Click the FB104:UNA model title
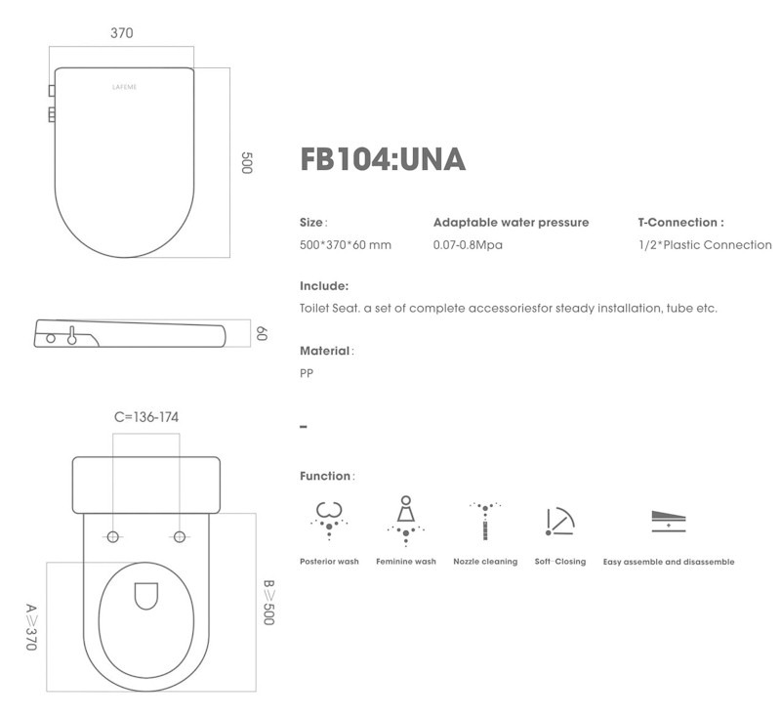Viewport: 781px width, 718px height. point(383,159)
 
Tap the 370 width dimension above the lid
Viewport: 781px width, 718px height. point(121,33)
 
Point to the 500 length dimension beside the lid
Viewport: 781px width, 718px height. point(247,163)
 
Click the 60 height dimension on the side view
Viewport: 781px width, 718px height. point(262,333)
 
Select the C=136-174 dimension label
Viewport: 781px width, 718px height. point(146,417)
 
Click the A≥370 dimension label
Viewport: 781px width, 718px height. point(31,627)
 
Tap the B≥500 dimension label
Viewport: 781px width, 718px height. point(268,603)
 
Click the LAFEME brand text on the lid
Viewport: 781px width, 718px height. point(125,87)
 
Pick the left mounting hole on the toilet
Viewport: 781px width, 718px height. point(113,536)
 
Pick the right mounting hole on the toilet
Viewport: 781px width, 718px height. point(180,536)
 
